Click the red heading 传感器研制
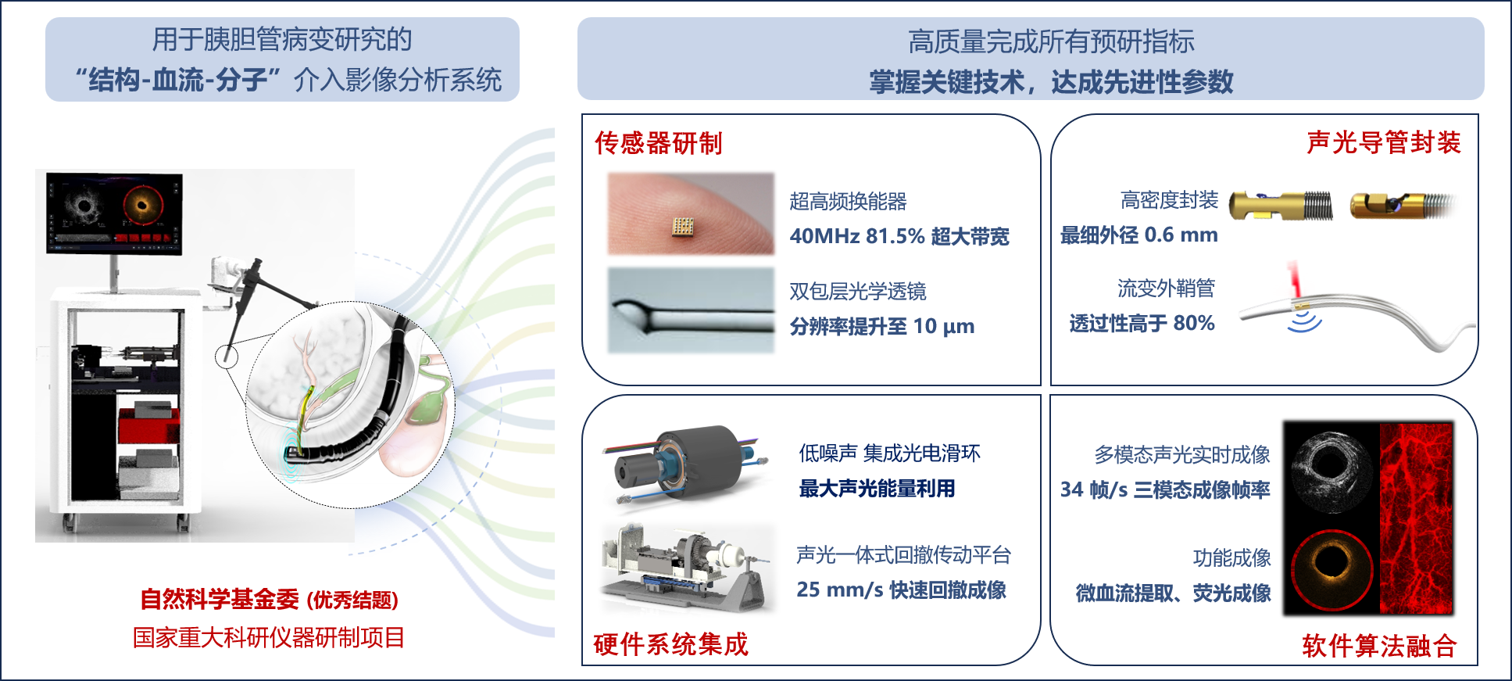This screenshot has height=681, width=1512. tap(659, 143)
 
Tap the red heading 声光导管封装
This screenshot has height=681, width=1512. tap(1384, 142)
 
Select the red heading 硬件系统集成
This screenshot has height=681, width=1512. tap(671, 644)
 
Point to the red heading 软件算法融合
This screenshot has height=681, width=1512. tap(1379, 646)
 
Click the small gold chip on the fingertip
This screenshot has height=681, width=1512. tap(683, 226)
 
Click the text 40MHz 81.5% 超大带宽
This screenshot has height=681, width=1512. tap(899, 236)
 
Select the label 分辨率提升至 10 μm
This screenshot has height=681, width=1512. tap(882, 326)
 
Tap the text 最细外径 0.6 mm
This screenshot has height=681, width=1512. tap(1139, 235)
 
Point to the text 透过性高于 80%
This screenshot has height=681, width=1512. tap(1142, 323)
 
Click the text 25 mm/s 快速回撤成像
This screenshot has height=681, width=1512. tap(901, 590)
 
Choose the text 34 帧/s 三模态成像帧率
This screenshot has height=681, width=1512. tap(1165, 489)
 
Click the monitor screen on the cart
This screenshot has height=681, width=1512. tap(114, 213)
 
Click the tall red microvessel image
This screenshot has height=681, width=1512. tap(1416, 518)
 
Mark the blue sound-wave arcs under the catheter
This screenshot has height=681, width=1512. tap(1304, 321)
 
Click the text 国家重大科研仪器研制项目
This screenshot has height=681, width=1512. tap(269, 637)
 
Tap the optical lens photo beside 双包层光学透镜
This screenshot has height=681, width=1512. tap(691, 311)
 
